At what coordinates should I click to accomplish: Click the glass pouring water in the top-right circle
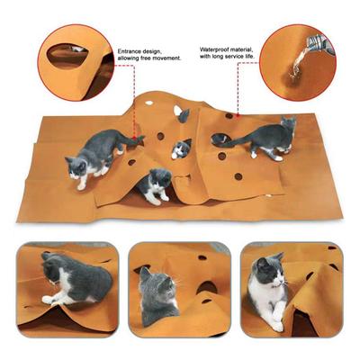pos(316,42)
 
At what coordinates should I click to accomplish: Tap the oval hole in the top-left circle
pos(64,56)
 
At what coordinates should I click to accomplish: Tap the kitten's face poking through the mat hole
pos(183,148)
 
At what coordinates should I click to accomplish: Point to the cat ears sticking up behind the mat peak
pos(183,114)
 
